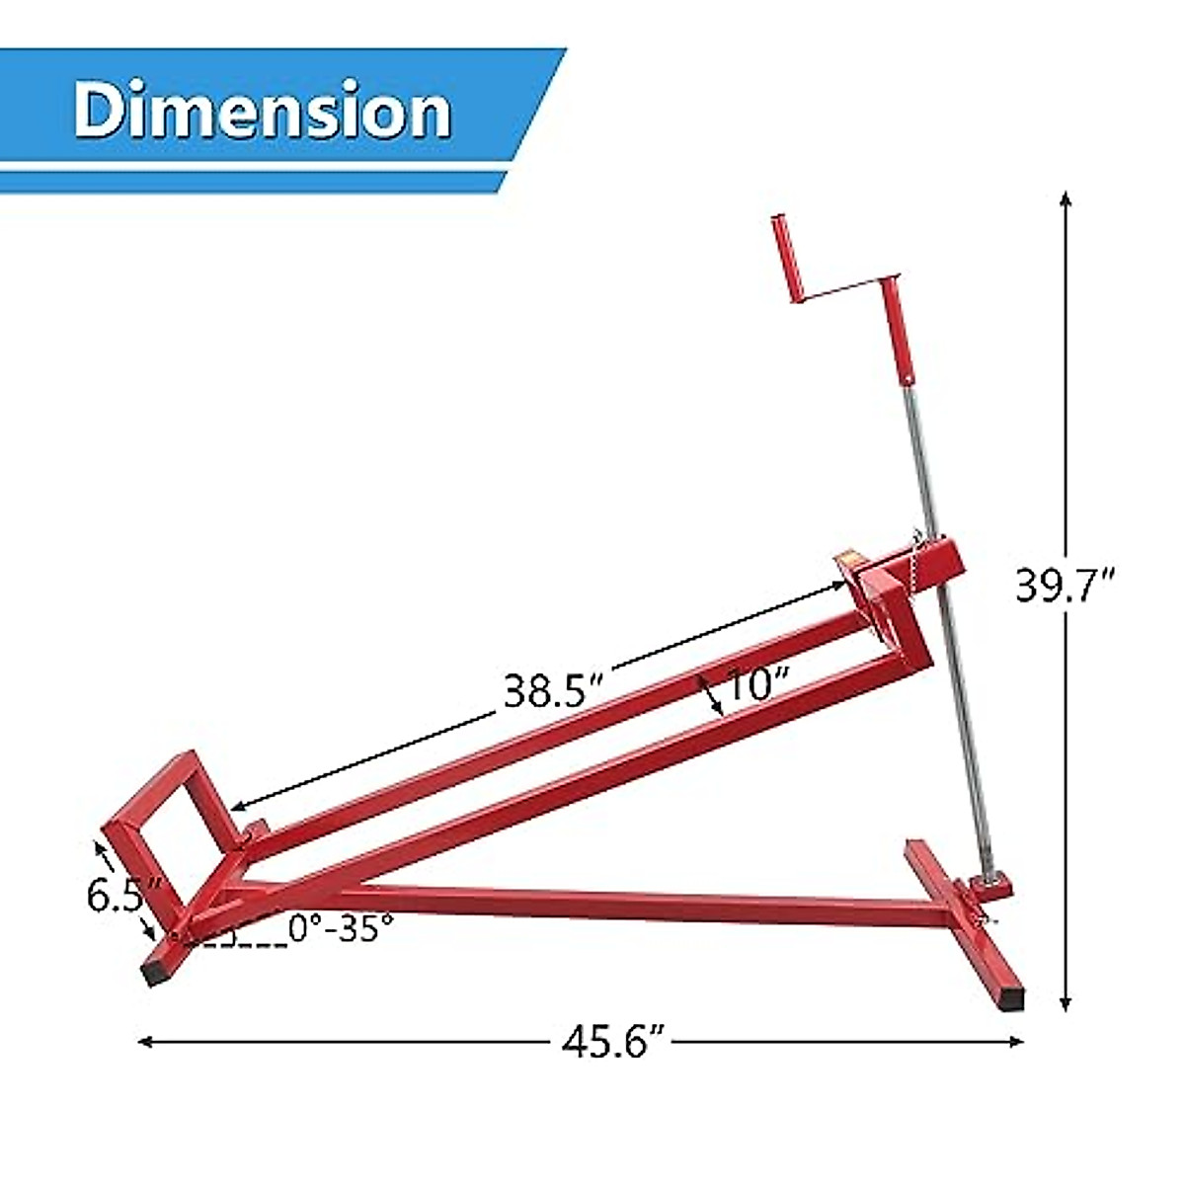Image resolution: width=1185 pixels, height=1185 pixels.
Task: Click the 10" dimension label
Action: tap(758, 685)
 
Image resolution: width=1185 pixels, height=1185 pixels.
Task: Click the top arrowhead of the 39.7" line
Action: tap(1066, 198)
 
